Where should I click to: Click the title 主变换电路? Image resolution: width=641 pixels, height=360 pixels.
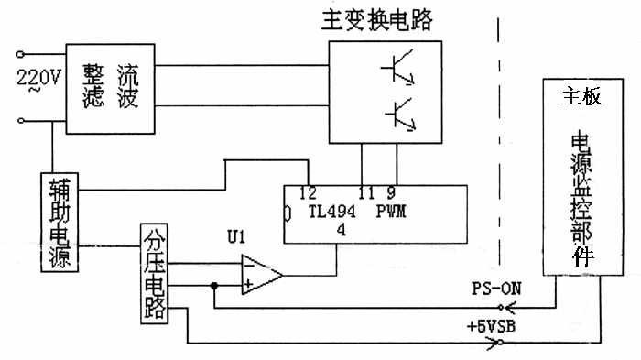[376, 20]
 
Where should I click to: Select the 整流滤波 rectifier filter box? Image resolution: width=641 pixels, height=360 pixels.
[111, 89]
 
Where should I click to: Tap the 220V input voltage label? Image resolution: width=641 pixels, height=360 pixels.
[38, 77]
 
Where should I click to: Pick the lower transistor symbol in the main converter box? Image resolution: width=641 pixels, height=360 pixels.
[401, 115]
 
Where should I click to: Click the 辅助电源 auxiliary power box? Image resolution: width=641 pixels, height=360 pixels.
[60, 222]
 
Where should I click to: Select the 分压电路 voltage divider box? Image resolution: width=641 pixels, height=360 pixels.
[154, 274]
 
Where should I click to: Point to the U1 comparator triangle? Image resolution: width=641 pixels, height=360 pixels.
[262, 275]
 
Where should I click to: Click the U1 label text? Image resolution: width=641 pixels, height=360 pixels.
[236, 237]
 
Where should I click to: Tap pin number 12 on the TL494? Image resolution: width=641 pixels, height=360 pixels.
[308, 192]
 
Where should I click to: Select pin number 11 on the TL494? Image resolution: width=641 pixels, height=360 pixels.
[365, 192]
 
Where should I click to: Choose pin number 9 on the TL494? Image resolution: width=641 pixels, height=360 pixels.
[391, 192]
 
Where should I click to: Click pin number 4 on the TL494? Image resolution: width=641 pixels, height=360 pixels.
[342, 230]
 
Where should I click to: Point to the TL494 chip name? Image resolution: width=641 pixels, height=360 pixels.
[331, 212]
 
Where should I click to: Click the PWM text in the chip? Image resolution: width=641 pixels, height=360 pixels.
[391, 211]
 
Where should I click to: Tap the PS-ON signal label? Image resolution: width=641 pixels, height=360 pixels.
[496, 289]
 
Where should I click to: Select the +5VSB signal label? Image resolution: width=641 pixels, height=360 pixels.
[491, 326]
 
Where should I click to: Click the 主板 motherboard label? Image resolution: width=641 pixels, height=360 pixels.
[581, 97]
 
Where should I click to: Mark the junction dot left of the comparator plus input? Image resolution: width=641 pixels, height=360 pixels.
[213, 286]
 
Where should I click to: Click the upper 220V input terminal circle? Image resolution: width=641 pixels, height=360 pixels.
[20, 54]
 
